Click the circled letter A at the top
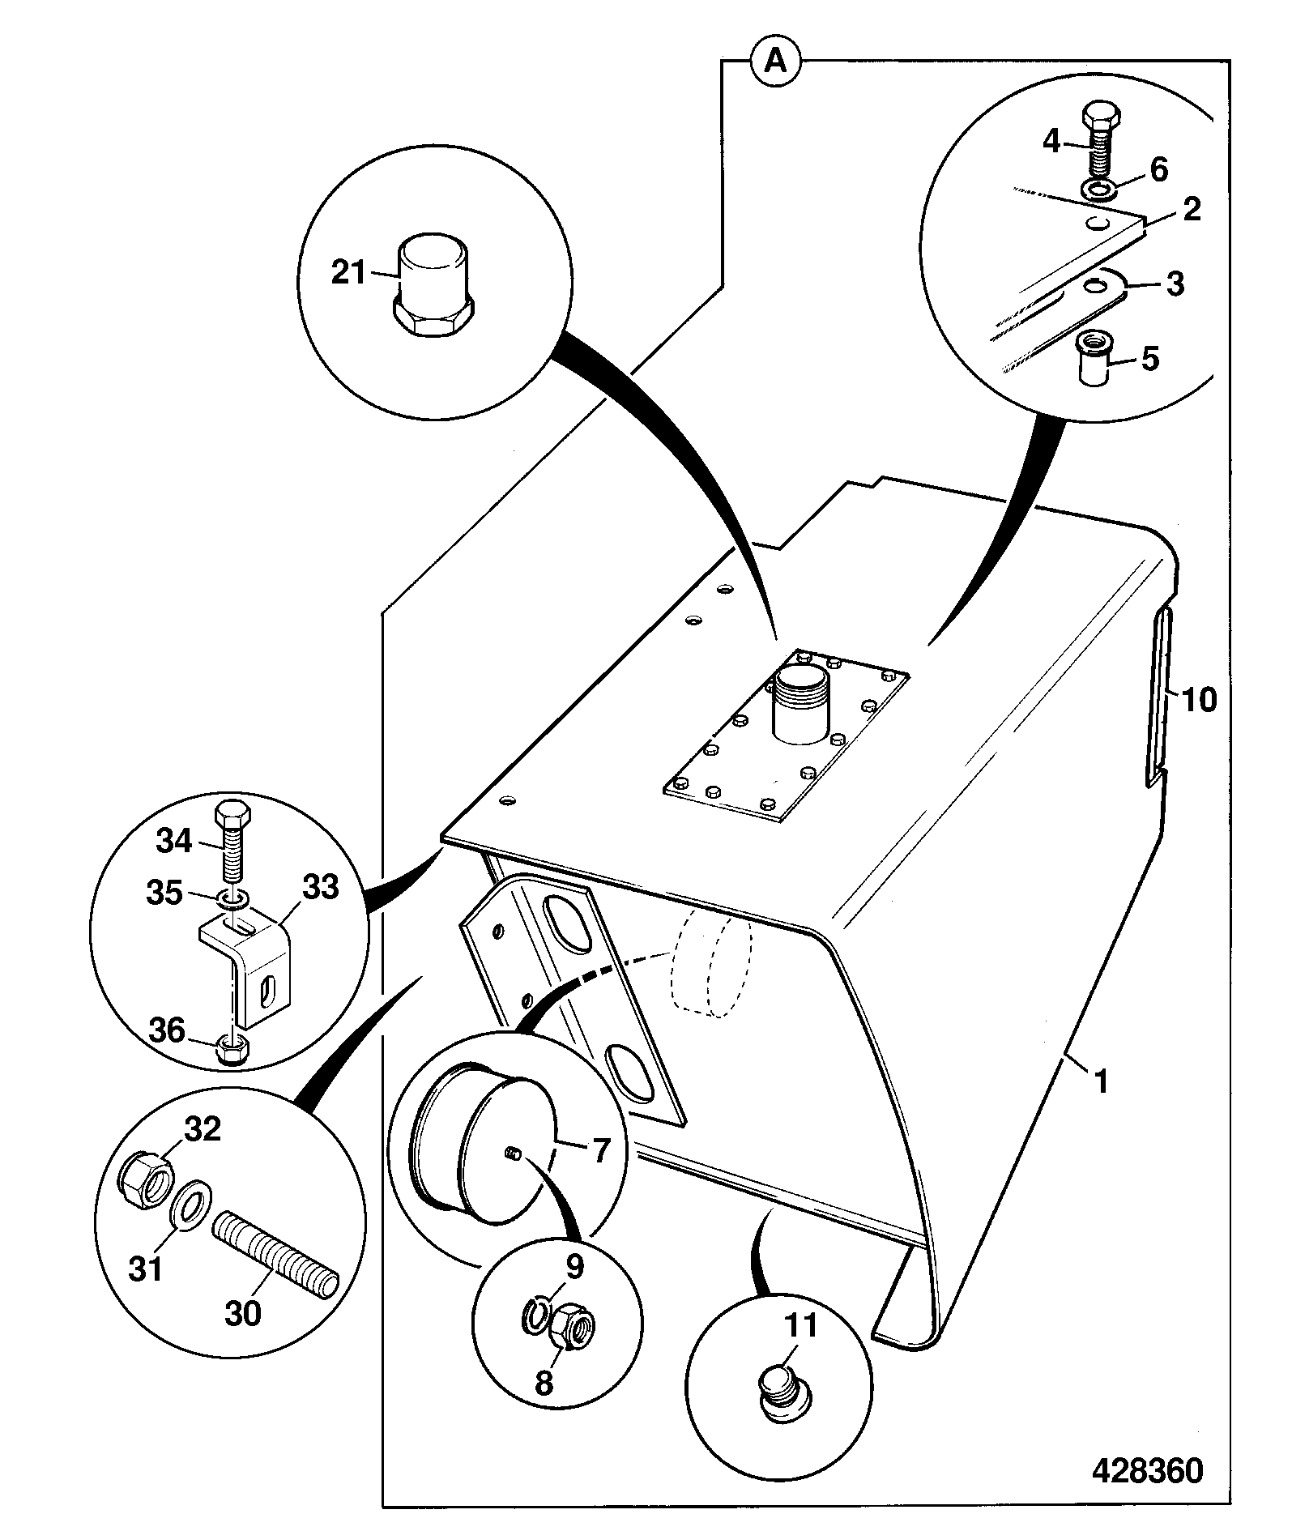[x=776, y=62]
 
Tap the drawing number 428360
[x=1147, y=1470]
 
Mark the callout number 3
[x=1175, y=284]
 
